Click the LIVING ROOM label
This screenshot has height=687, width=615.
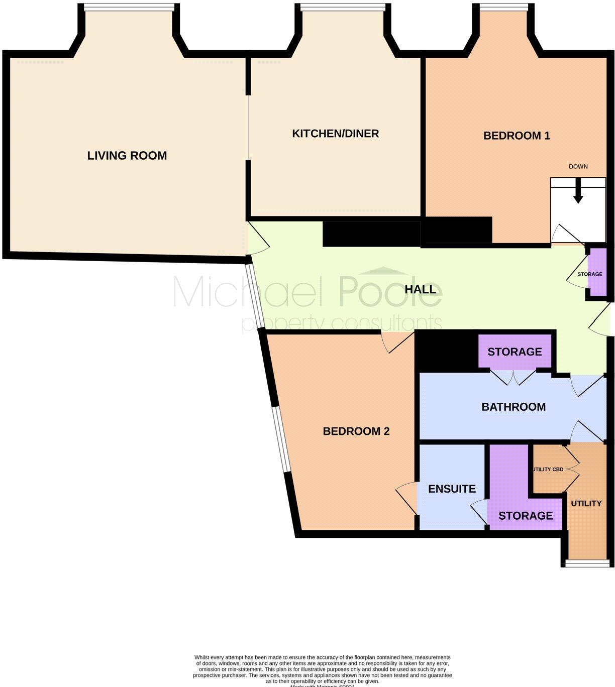click(x=127, y=156)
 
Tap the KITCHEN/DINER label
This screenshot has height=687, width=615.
click(x=335, y=134)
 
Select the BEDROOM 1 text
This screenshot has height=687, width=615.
click(x=517, y=136)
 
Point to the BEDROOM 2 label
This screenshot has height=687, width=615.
click(x=356, y=431)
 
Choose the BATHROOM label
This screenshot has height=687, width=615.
click(x=514, y=407)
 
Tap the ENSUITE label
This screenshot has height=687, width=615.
click(x=452, y=489)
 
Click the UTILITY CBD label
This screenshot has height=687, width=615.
click(x=547, y=470)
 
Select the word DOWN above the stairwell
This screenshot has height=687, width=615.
click(x=578, y=167)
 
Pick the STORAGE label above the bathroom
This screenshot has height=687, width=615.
click(x=515, y=352)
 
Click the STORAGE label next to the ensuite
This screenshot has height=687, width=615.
click(x=526, y=516)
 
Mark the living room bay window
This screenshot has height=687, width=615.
click(x=129, y=7)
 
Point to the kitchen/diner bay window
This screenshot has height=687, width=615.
click(x=343, y=7)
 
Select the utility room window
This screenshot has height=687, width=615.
click(x=586, y=563)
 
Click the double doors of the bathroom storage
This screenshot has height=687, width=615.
click(x=513, y=377)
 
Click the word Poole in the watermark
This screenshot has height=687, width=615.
click(x=390, y=291)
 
